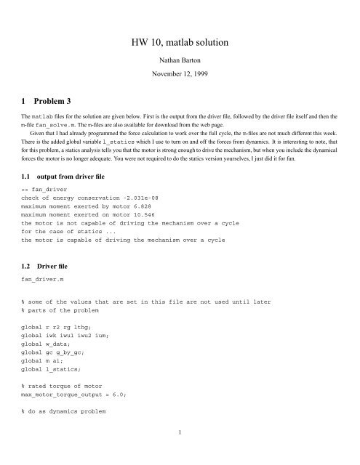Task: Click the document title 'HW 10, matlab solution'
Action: click(180, 44)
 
